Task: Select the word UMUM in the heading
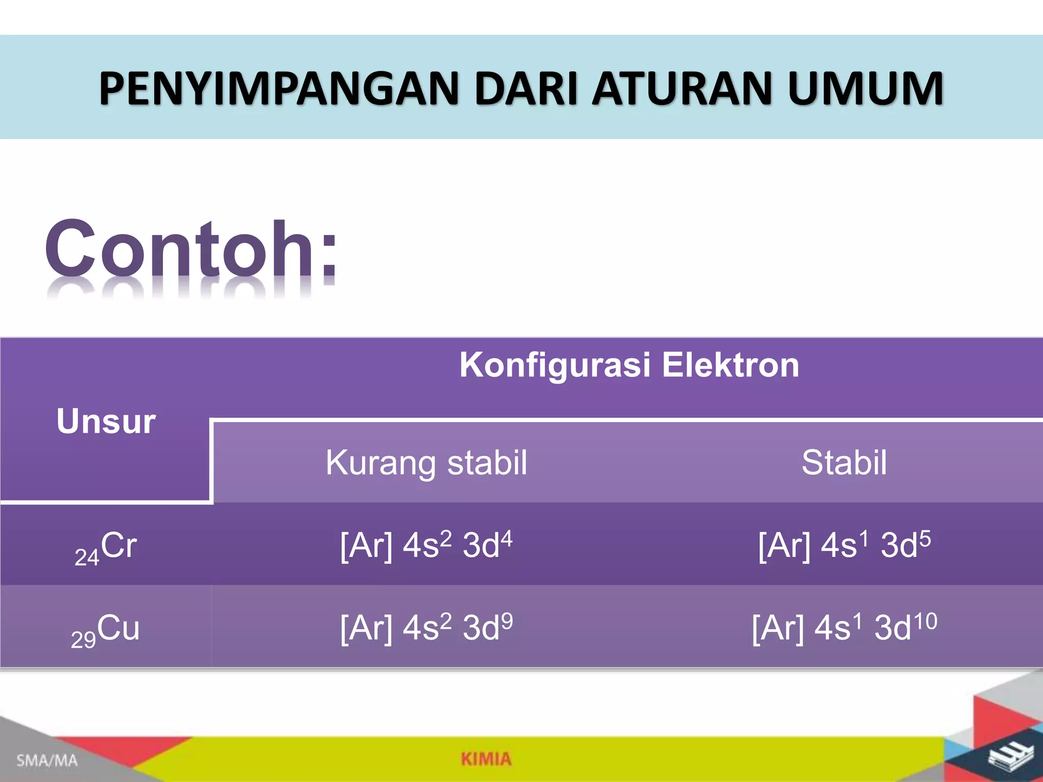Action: point(865,89)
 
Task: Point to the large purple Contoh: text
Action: point(191,249)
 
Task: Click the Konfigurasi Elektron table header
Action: point(629,365)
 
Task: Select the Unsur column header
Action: point(106,422)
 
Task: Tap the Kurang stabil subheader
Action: point(426,462)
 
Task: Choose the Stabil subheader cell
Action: point(844,462)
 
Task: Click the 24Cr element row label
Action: point(106,547)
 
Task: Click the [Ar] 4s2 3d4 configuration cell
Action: point(426,545)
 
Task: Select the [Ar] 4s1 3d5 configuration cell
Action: point(844,545)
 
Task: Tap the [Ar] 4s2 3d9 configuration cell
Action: point(426,627)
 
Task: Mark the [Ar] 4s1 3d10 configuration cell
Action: point(844,627)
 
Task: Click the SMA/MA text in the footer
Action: point(47,761)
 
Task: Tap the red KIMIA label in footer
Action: point(486,759)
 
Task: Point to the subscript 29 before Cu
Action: point(83,639)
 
